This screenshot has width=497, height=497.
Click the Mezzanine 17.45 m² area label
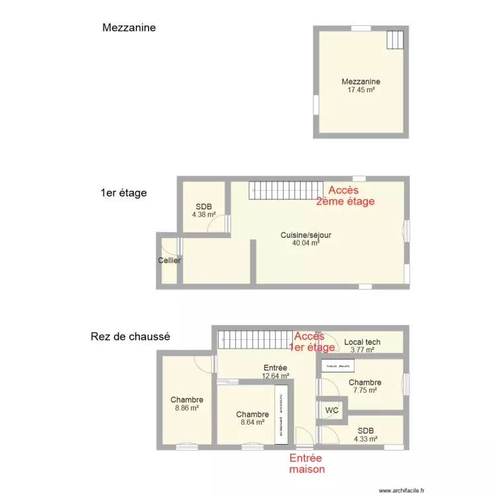click(x=360, y=85)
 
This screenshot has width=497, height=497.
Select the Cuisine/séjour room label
click(x=305, y=239)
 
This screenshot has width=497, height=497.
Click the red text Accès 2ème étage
click(x=345, y=196)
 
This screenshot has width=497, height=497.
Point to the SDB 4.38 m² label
click(x=203, y=210)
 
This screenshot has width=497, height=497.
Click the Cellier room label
click(x=169, y=260)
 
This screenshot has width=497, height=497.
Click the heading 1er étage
click(x=123, y=193)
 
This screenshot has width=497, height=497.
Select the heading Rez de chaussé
click(x=130, y=337)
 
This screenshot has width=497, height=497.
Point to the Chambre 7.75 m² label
click(x=364, y=386)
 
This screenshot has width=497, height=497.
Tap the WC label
click(x=332, y=410)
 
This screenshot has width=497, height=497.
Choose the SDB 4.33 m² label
click(x=365, y=434)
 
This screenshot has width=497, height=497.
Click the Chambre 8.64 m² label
click(x=252, y=418)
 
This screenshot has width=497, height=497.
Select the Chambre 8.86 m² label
click(x=186, y=404)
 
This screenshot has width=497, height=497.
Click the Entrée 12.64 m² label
click(x=274, y=372)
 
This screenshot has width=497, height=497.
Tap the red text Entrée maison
click(x=306, y=464)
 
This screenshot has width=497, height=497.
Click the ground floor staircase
click(x=256, y=340)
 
